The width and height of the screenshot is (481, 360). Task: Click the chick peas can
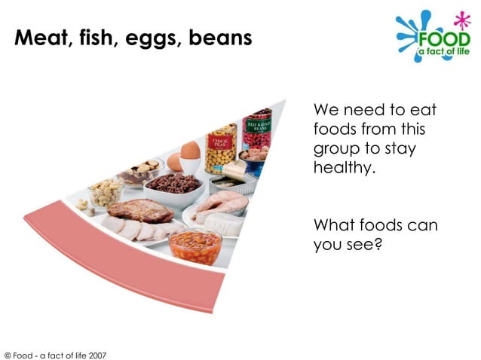coord(221,149)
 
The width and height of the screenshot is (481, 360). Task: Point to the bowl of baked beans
coord(195,246)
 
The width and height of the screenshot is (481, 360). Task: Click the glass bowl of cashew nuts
coord(106,193)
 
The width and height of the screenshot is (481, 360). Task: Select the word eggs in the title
coord(147,38)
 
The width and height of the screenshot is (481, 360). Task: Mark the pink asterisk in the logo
coord(458,17)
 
